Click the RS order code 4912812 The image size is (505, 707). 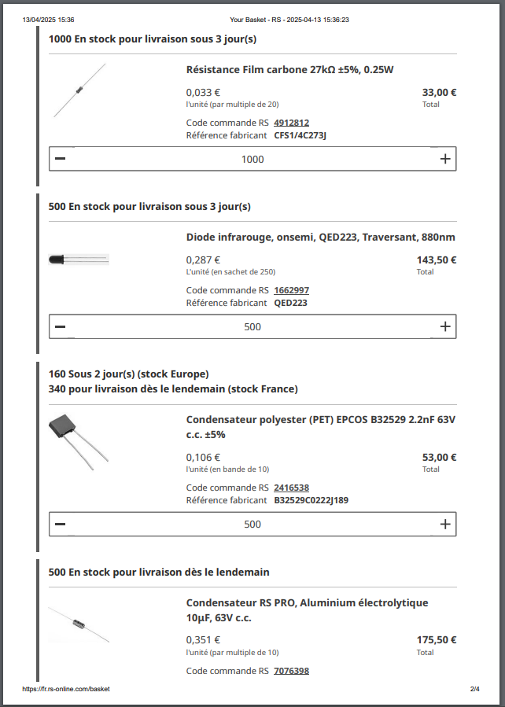(x=291, y=123)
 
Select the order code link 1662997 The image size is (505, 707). (x=291, y=290)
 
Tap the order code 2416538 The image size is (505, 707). (x=291, y=488)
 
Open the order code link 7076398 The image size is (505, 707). (x=291, y=671)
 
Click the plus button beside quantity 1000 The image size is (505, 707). (x=445, y=159)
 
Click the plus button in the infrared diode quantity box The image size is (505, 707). (x=445, y=326)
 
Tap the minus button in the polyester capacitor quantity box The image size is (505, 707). (x=61, y=524)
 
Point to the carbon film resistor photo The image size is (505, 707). (x=79, y=90)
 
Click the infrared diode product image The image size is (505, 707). (x=79, y=259)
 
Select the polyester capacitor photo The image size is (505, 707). (x=79, y=442)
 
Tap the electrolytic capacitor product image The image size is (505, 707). (x=79, y=624)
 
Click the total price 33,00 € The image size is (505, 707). (x=439, y=92)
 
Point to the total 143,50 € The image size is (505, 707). (x=437, y=260)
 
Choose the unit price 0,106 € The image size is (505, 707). (x=203, y=457)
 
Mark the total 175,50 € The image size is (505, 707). (x=437, y=640)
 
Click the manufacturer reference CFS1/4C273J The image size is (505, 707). (x=300, y=135)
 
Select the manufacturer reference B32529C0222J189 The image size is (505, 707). (x=311, y=500)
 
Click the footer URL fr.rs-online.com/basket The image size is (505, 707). (x=66, y=689)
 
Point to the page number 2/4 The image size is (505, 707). (x=474, y=689)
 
